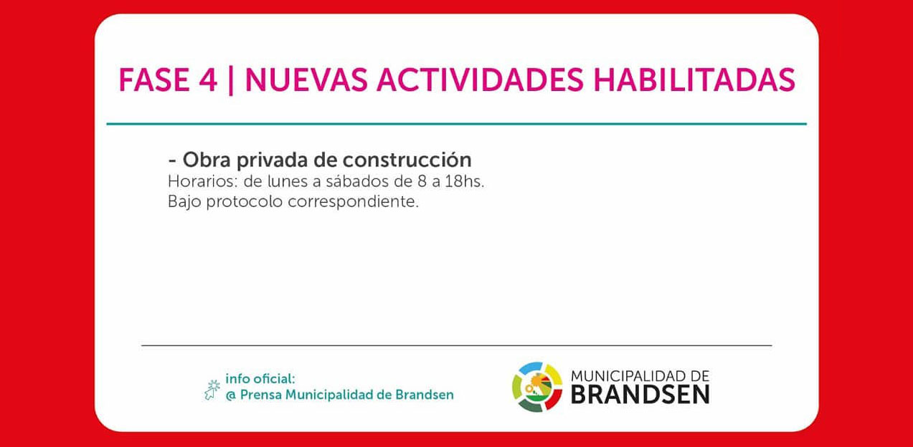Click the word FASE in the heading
pyautogui.click(x=154, y=80)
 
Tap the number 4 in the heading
pyautogui.click(x=208, y=80)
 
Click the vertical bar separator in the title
pyautogui.click(x=231, y=81)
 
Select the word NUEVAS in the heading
pyautogui.click(x=306, y=80)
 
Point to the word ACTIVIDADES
pyautogui.click(x=480, y=80)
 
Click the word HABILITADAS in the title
pyautogui.click(x=694, y=80)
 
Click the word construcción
pyautogui.click(x=407, y=160)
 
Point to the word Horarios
pyautogui.click(x=202, y=181)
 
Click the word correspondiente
pyautogui.click(x=354, y=202)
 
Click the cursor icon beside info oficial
pyautogui.click(x=212, y=390)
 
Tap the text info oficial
pyautogui.click(x=260, y=379)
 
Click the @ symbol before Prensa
pyautogui.click(x=231, y=395)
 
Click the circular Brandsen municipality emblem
pyautogui.click(x=537, y=387)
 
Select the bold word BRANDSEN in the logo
pyautogui.click(x=640, y=395)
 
